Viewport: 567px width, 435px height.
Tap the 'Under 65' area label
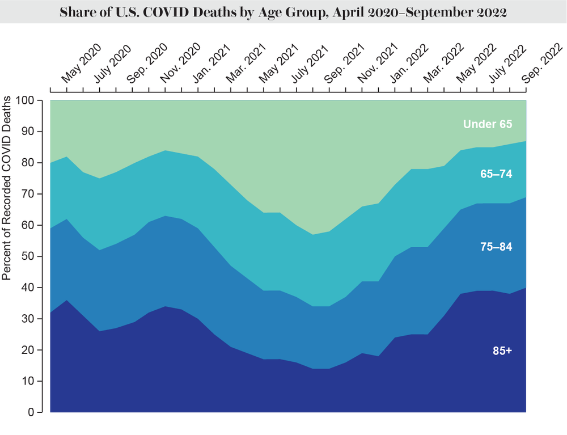tap(487, 124)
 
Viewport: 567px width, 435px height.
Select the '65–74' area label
tap(496, 175)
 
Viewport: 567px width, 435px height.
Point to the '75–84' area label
tap(496, 247)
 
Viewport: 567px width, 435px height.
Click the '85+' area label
tap(502, 350)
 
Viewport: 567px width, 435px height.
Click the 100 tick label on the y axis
tap(27, 100)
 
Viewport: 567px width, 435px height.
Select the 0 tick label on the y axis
tap(32, 412)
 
